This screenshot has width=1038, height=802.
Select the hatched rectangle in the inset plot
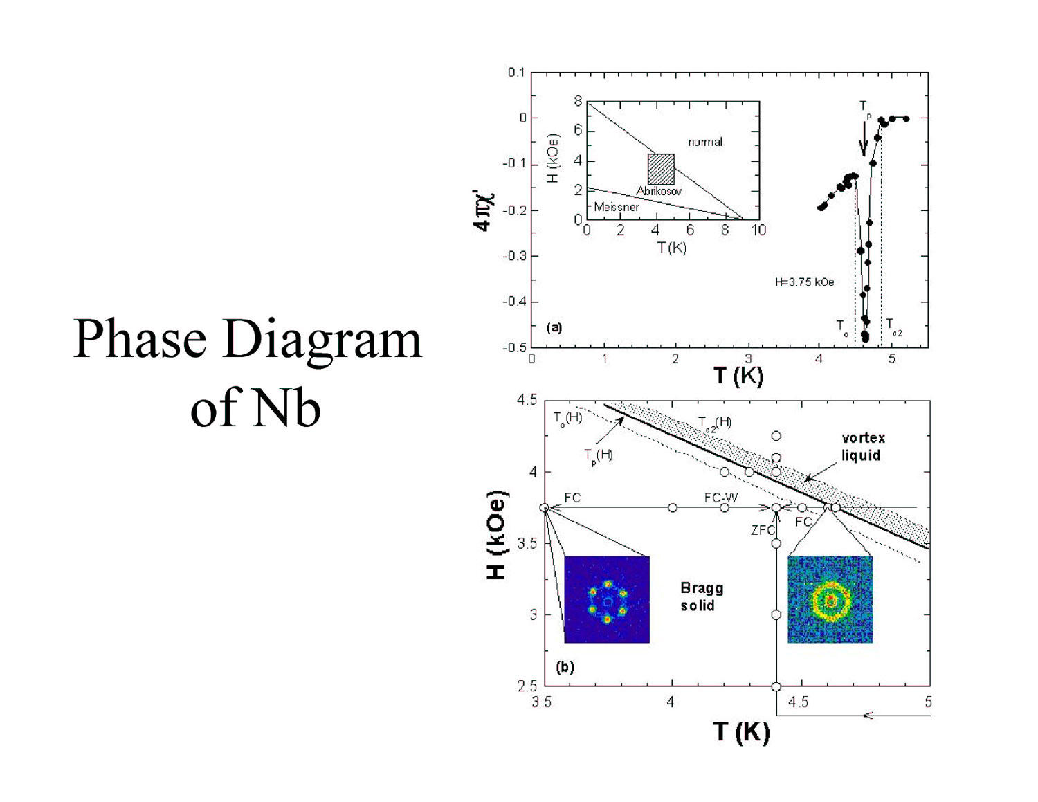point(661,169)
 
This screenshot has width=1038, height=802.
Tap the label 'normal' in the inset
point(705,142)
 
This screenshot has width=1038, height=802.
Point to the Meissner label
point(616,207)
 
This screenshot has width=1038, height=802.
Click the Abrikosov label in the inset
point(659,191)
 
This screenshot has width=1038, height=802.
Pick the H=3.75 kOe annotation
point(804,282)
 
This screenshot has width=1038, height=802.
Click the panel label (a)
point(554,328)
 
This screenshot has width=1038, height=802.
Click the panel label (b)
point(565,667)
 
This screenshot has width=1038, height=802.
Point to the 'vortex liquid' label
point(863,446)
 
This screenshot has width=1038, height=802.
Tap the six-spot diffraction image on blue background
point(607,599)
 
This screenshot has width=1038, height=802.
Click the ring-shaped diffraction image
point(830,599)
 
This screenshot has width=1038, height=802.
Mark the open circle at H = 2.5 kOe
point(776,686)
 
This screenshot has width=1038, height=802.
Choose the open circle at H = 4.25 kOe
point(776,436)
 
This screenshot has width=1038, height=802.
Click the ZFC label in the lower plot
point(762,530)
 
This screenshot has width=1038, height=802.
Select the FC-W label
point(721,498)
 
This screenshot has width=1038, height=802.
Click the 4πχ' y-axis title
point(484,211)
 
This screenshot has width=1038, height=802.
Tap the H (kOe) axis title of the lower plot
point(497,535)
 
